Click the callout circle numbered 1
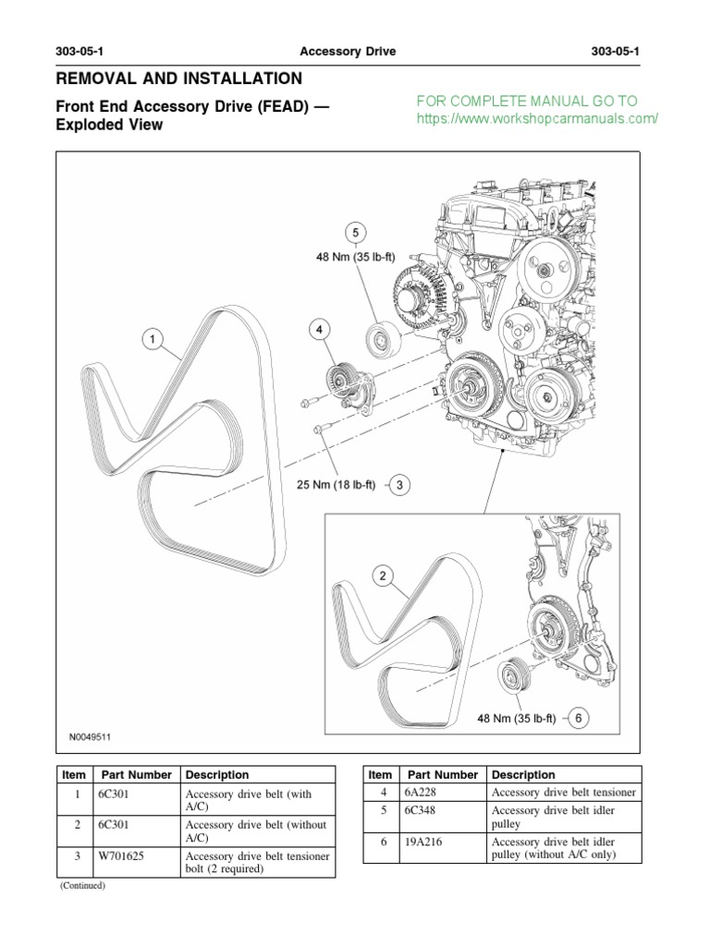point(153,339)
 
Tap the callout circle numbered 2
point(382,576)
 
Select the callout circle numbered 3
point(399,484)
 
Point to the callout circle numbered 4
point(319,330)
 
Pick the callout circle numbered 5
point(356,233)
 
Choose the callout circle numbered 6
point(579,718)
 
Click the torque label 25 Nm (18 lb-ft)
point(336,484)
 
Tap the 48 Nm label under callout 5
point(356,257)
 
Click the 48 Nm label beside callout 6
point(516,718)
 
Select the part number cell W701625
point(121,855)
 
